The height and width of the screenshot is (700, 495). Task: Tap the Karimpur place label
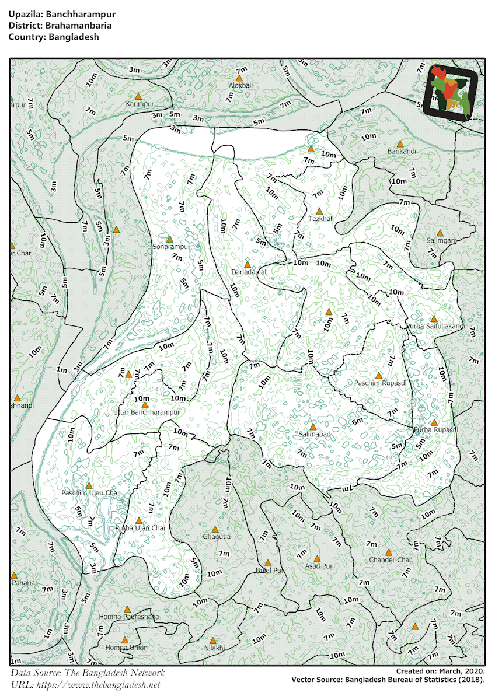140,104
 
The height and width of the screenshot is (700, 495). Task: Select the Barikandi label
402,152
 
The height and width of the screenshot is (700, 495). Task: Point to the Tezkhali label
320,219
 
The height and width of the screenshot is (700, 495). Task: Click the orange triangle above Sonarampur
170,239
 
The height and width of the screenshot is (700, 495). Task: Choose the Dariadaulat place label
249,272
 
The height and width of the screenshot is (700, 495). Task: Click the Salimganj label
441,240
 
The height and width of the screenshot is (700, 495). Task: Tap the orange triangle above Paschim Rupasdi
378,376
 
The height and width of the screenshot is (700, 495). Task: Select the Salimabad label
315,435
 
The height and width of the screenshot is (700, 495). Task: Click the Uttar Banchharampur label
146,412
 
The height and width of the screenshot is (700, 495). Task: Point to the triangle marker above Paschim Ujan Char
89,485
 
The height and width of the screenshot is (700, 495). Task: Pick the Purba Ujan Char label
141,528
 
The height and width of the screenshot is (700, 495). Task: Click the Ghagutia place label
217,536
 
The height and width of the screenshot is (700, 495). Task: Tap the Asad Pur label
319,566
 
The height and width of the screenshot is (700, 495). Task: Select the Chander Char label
390,560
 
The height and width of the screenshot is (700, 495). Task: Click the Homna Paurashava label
128,617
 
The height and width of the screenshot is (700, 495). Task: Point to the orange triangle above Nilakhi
212,640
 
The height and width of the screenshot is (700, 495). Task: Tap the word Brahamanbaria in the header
75,26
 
